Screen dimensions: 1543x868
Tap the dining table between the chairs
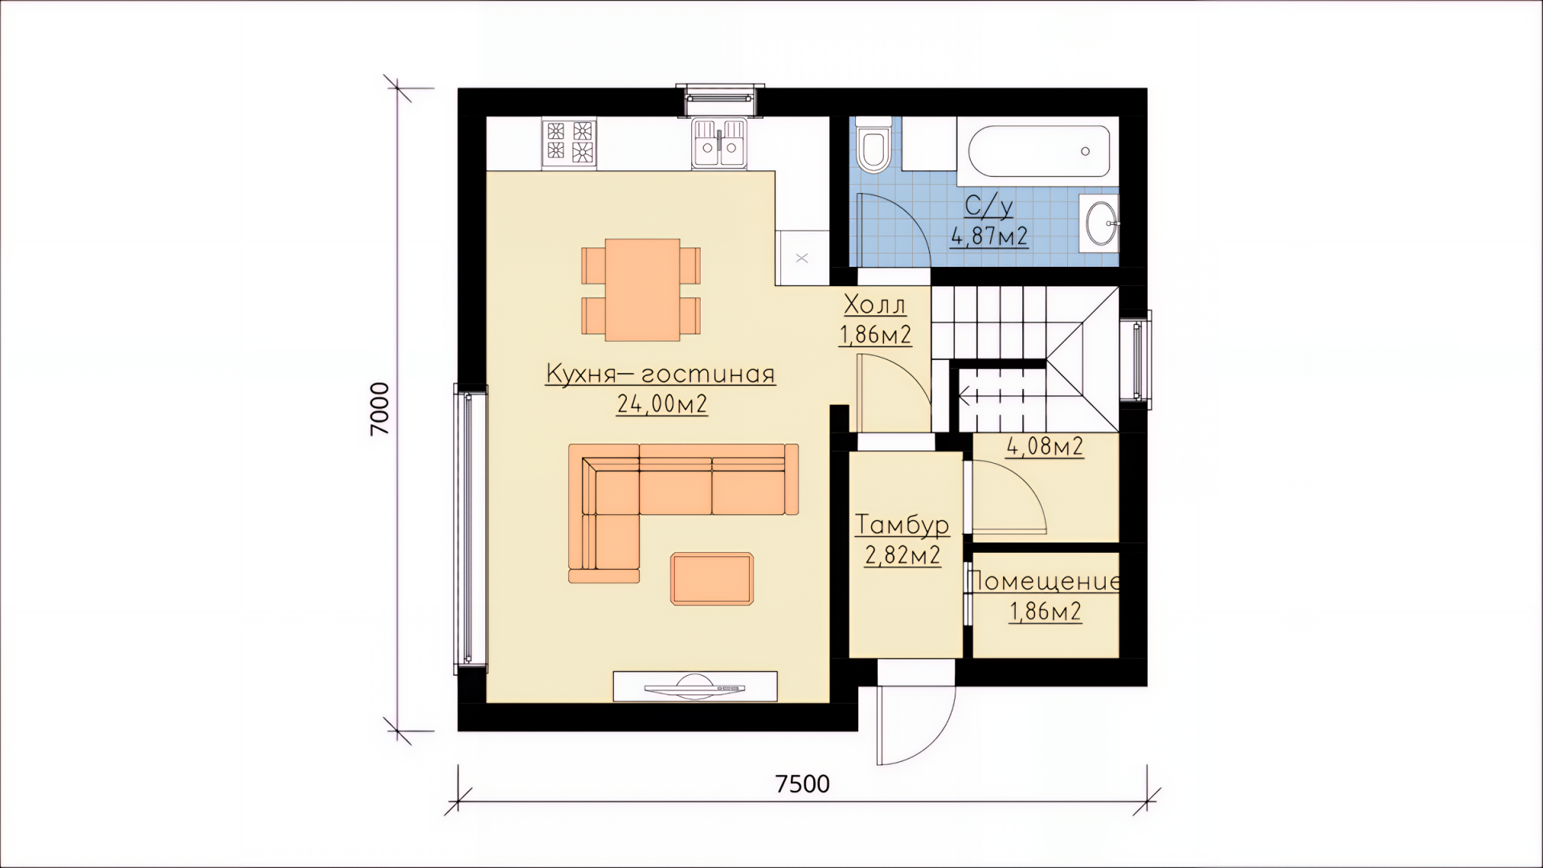[642, 289]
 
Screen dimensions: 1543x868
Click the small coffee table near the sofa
[712, 578]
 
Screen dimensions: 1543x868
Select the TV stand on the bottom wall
[695, 686]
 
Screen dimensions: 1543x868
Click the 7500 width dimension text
[803, 784]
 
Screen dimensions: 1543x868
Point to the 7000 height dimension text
[379, 408]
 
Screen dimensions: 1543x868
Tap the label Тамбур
[902, 525]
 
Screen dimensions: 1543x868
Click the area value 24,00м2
[662, 403]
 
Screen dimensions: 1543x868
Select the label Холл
[875, 305]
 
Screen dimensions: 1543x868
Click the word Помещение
[1044, 581]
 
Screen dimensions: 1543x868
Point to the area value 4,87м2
[989, 236]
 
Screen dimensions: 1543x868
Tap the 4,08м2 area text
[1045, 446]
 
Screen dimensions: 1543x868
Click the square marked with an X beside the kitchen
[801, 258]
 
